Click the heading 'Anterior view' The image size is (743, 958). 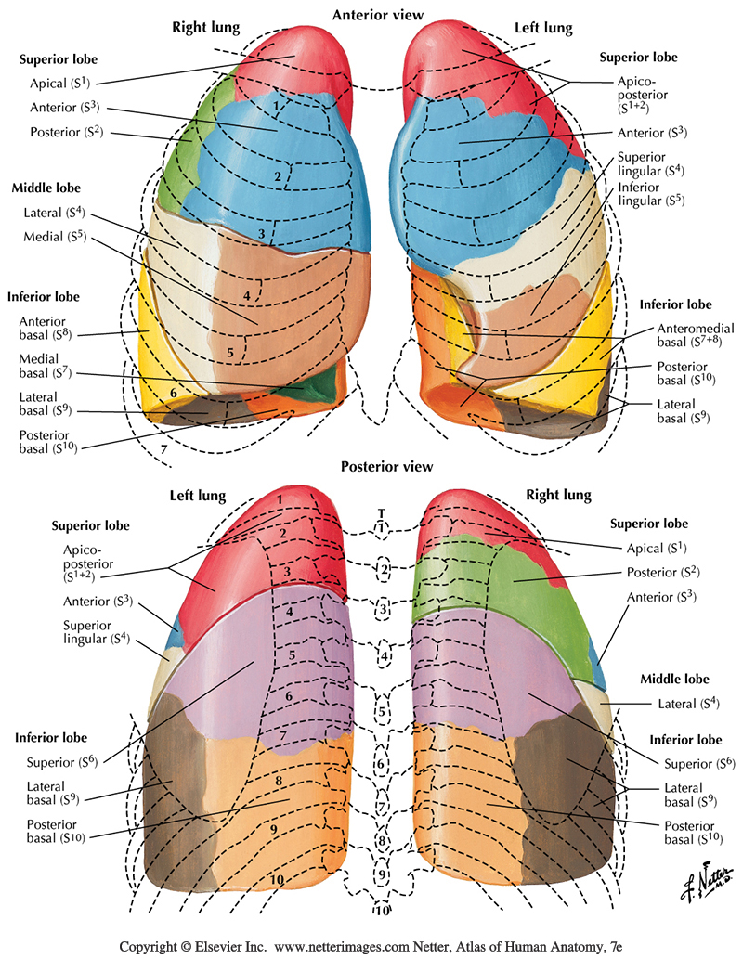pyautogui.click(x=378, y=15)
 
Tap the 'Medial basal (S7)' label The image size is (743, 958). pyautogui.click(x=44, y=366)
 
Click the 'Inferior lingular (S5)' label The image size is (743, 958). pyautogui.click(x=651, y=194)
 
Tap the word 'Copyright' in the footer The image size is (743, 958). pyautogui.click(x=151, y=946)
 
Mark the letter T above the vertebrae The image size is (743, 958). pyautogui.click(x=381, y=512)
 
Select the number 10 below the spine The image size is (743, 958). pyautogui.click(x=380, y=910)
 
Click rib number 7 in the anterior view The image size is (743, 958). pyautogui.click(x=164, y=450)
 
